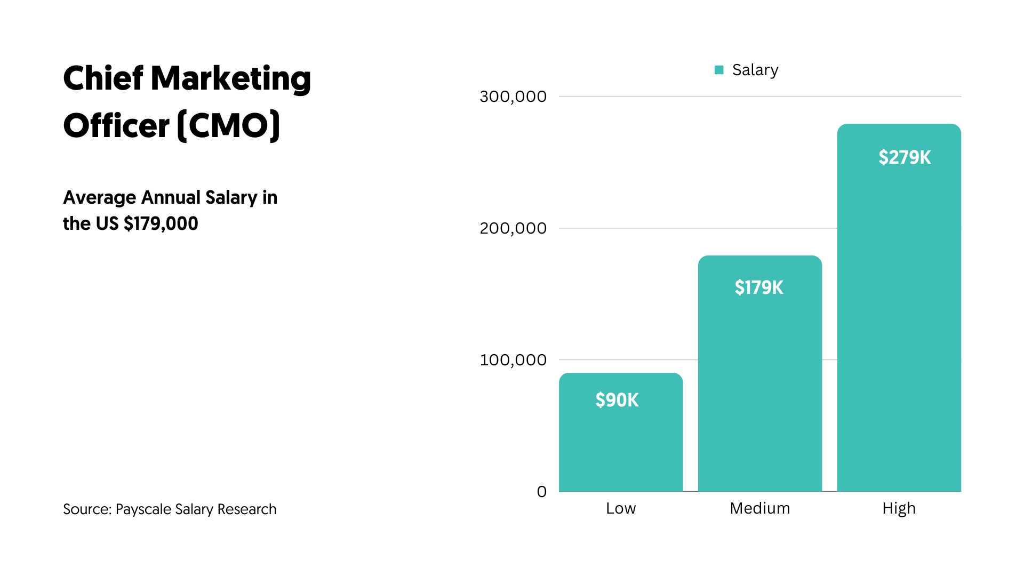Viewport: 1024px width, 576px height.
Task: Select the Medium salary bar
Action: point(760,384)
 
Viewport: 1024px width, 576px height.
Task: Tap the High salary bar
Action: point(899,320)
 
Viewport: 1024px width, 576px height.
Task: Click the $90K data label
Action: point(617,400)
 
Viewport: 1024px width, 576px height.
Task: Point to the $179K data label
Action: point(759,287)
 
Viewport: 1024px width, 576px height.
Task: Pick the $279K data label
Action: point(905,157)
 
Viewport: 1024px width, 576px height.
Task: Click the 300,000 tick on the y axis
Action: point(513,97)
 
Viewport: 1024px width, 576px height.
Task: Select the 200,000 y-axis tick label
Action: point(513,228)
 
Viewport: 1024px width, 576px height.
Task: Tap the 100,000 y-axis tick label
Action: point(513,360)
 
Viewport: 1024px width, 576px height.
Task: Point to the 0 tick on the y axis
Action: point(541,491)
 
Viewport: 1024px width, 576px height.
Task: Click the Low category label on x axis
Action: point(621,508)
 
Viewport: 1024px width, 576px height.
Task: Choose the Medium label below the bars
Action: point(759,508)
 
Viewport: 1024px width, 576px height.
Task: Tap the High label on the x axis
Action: point(899,508)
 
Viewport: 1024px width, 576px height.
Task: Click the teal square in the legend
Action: point(719,70)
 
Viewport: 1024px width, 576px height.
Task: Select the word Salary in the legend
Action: point(755,70)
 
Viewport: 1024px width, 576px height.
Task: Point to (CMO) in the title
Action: point(228,126)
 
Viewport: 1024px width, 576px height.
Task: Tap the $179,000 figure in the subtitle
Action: point(161,223)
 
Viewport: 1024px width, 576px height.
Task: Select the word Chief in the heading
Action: point(103,78)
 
